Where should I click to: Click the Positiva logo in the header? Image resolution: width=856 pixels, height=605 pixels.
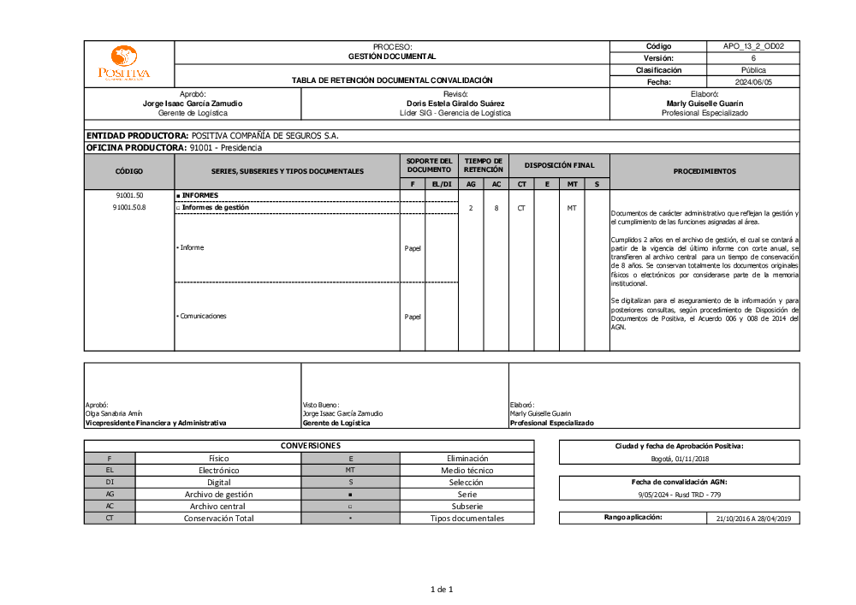[124, 64]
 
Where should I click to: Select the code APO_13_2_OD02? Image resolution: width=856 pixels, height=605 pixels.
[752, 46]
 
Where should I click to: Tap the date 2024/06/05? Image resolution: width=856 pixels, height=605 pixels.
[752, 82]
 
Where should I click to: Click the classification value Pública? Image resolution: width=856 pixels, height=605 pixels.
[752, 70]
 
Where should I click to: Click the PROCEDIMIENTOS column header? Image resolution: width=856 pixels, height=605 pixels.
[704, 171]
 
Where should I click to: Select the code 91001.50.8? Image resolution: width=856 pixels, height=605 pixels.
[128, 207]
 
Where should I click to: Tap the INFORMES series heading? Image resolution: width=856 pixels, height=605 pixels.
[200, 195]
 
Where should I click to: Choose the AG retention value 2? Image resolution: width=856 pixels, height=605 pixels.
[471, 208]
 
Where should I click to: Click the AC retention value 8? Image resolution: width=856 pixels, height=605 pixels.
[496, 208]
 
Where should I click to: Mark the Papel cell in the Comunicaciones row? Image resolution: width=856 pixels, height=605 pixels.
[413, 317]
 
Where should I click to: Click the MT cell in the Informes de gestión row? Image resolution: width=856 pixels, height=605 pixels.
[572, 208]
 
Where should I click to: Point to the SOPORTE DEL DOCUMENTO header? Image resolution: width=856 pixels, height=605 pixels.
[429, 165]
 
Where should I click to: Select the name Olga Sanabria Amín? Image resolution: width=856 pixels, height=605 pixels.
[114, 413]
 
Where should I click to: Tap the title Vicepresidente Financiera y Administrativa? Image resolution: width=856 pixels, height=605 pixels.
[156, 423]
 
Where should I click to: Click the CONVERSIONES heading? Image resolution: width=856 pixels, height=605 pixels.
[310, 446]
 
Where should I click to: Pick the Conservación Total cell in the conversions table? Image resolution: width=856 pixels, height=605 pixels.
[218, 518]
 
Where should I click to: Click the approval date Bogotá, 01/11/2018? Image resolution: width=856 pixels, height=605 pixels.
[679, 460]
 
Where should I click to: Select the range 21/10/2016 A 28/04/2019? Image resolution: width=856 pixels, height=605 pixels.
[753, 518]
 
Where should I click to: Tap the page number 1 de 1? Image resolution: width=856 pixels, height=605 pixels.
[441, 589]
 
